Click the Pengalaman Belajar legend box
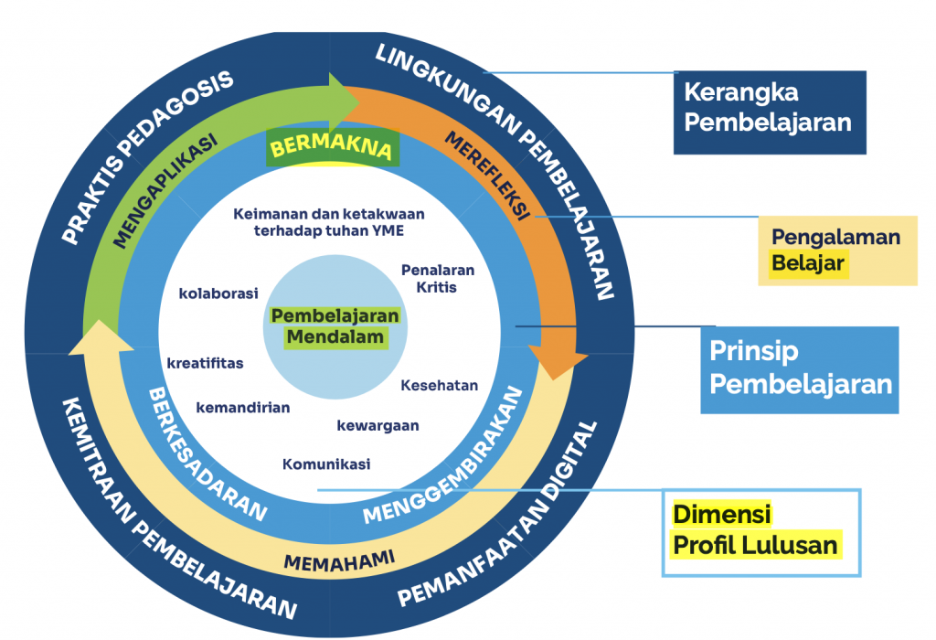[836, 251]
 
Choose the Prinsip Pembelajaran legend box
[801, 368]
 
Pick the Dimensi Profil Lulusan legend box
[760, 532]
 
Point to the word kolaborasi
[218, 293]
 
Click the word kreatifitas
[205, 363]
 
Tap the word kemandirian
[242, 408]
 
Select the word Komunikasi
[326, 464]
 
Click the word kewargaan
[378, 426]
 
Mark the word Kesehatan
[439, 385]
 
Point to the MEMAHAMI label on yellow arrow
[338, 560]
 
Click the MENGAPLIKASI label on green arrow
[165, 192]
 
